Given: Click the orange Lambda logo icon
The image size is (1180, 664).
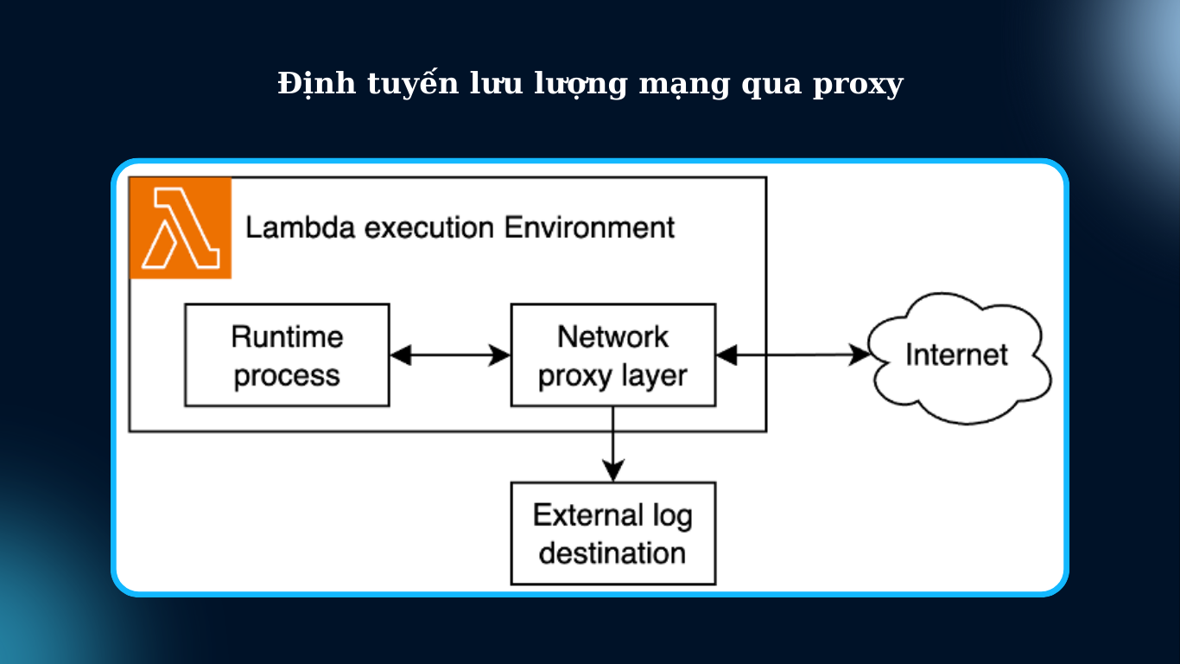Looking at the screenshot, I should (x=181, y=228).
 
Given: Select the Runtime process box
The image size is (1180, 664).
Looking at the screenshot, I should (x=287, y=355).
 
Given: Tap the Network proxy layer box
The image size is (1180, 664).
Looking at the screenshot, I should (x=612, y=355).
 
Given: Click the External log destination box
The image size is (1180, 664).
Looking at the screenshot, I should (x=612, y=533).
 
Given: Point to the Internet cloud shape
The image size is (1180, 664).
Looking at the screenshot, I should (x=957, y=355).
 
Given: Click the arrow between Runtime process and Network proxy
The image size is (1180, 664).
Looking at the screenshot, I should (x=450, y=354).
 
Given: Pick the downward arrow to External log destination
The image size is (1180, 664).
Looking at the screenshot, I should (x=612, y=444).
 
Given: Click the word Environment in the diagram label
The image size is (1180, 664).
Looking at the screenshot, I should (x=589, y=228).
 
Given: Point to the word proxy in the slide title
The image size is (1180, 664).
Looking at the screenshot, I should (x=857, y=86).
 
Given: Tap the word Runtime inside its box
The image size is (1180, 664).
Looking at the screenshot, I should (x=287, y=336).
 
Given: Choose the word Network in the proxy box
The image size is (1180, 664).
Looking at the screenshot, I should (x=612, y=336).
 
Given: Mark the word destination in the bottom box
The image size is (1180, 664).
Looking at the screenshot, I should (x=612, y=552).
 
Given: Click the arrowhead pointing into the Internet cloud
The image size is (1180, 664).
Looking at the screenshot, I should (x=860, y=354).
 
